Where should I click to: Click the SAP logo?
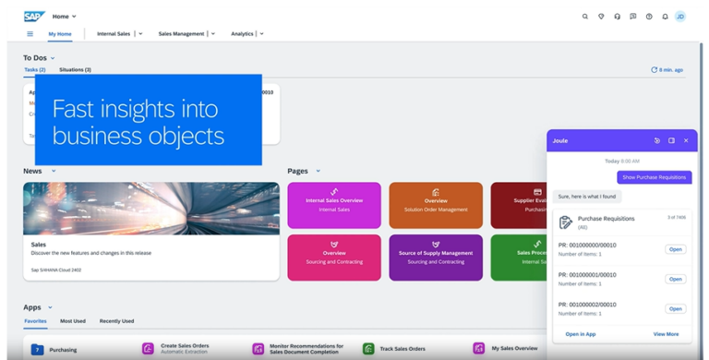[x=34, y=17]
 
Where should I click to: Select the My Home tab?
[x=60, y=34]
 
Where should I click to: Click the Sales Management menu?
[x=182, y=34]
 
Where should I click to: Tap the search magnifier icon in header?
[x=585, y=17]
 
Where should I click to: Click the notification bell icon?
[x=665, y=17]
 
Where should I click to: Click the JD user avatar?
[x=680, y=17]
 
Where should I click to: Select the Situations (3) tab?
[x=75, y=70]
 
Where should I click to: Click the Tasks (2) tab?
[x=35, y=70]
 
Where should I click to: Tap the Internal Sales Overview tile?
[x=334, y=205]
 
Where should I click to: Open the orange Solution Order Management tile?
[x=436, y=205]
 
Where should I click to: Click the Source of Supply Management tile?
[x=436, y=257]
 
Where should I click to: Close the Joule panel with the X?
[x=686, y=141]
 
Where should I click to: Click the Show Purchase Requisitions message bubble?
[x=654, y=177]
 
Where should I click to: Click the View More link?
[x=666, y=334]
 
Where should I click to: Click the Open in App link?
[x=581, y=334]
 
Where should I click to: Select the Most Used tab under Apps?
[x=73, y=321]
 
